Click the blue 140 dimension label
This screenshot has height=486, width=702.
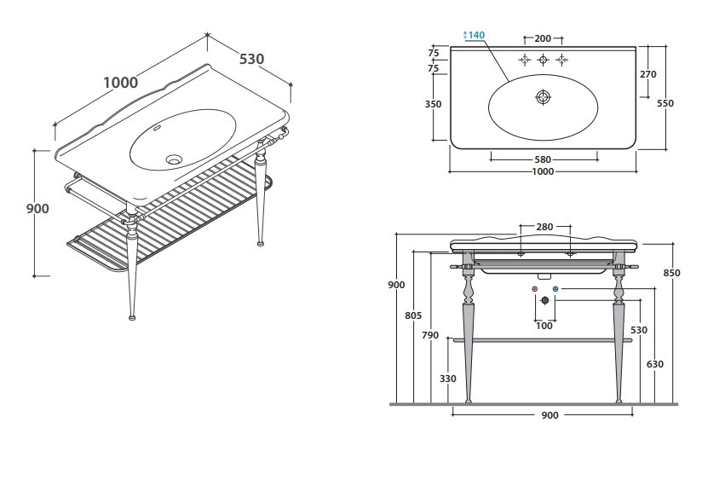(475, 35)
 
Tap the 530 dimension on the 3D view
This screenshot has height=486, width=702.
(251, 59)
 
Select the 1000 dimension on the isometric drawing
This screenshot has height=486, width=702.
(120, 83)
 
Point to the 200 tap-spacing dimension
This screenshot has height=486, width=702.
(543, 39)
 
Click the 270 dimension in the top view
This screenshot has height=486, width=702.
(647, 74)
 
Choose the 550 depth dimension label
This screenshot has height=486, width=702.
(665, 103)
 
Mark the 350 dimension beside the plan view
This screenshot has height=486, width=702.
(433, 105)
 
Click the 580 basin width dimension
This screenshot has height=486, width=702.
(543, 159)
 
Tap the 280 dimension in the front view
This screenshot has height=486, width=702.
(545, 227)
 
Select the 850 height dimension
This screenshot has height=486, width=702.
(672, 274)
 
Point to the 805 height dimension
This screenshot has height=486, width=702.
(413, 315)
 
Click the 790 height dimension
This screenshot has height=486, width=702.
(430, 335)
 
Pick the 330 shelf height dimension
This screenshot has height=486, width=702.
(448, 379)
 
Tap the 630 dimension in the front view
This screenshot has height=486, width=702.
(655, 364)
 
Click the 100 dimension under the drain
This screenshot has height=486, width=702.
(544, 326)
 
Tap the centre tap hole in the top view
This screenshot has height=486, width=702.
(544, 59)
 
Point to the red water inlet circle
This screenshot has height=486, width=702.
(535, 291)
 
